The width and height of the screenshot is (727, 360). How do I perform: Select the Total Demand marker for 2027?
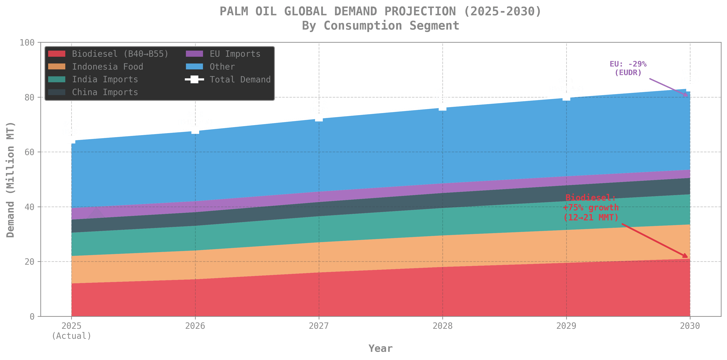(319, 118)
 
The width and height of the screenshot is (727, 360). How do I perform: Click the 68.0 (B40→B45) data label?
(195, 118)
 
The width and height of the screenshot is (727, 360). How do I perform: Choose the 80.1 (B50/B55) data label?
(566, 85)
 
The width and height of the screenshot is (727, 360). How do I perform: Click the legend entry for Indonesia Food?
(107, 67)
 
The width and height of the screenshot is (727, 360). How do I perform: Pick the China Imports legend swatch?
(57, 92)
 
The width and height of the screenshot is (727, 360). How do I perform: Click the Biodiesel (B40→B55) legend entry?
(120, 54)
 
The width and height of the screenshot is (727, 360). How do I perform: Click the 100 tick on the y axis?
(27, 42)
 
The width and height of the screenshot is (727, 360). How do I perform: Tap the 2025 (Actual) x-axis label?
(71, 331)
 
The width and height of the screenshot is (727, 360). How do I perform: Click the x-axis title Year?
(380, 348)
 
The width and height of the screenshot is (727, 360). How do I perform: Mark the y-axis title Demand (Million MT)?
(10, 180)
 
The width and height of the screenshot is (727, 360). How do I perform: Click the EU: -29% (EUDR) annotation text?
(628, 68)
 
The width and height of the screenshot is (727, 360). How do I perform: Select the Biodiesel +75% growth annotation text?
(591, 208)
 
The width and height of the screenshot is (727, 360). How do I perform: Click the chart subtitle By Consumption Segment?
(380, 26)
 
